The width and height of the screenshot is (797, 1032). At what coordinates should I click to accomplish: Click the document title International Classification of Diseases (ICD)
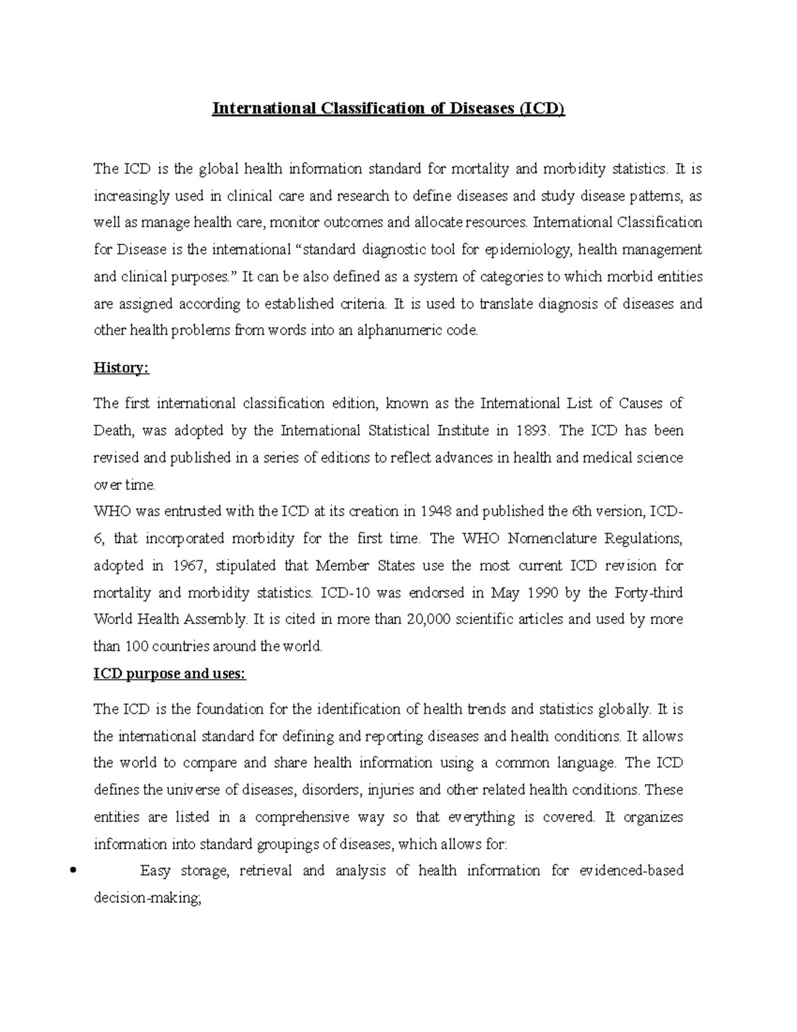(x=388, y=108)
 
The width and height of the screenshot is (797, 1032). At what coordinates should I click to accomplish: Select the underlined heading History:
(x=122, y=368)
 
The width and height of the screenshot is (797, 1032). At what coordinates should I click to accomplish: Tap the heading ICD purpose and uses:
(x=169, y=674)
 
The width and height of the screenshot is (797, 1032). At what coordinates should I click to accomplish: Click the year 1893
(x=532, y=431)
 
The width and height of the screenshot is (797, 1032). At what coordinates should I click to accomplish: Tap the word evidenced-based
(x=631, y=871)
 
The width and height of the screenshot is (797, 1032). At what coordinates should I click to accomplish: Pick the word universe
(x=189, y=790)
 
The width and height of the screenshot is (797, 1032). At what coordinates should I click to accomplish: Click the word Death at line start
(x=114, y=431)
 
